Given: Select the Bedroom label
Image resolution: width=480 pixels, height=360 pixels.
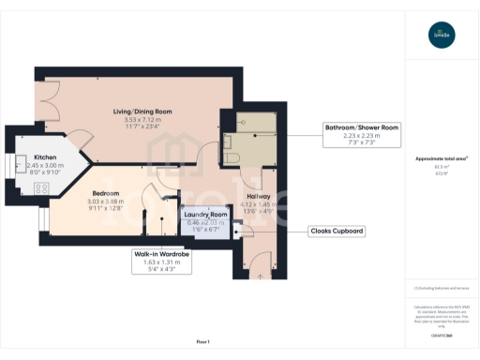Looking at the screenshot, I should coord(105,193).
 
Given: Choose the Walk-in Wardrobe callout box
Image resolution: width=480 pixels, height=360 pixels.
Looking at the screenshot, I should coord(161,260).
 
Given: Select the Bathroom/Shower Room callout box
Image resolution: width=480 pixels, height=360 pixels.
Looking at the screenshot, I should coord(362,132).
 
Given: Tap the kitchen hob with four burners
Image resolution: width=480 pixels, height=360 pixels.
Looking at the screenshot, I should coord(42,188).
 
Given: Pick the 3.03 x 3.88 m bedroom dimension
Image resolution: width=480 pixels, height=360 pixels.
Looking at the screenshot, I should coord(105,202).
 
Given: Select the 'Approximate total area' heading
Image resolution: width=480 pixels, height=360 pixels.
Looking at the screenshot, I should coord(442,158).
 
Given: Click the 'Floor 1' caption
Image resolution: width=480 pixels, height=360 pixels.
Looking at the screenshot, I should coord(202,342).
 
